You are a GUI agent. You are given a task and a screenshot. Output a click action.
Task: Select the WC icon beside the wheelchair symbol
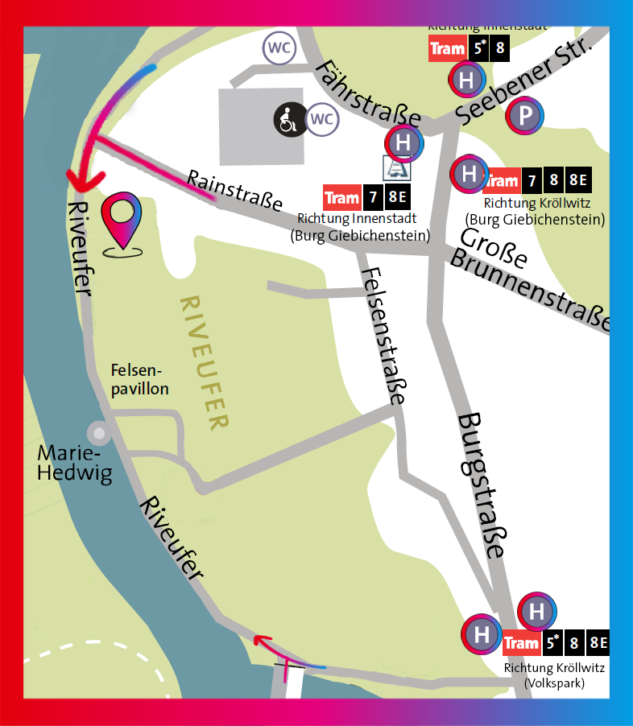pos(321,120)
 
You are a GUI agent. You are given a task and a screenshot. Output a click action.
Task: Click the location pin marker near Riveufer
pos(122,221)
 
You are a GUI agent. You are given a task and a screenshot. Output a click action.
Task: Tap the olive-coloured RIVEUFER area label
pos(206,361)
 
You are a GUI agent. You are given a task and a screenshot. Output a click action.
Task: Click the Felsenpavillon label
pos(139,379)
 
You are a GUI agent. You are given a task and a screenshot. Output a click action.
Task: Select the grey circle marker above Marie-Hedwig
pos(99,433)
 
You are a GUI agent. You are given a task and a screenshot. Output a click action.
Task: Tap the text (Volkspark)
pos(554,683)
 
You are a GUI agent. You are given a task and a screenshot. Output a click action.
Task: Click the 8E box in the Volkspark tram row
pos(598,643)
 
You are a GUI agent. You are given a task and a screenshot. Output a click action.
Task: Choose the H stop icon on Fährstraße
pos(404,142)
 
